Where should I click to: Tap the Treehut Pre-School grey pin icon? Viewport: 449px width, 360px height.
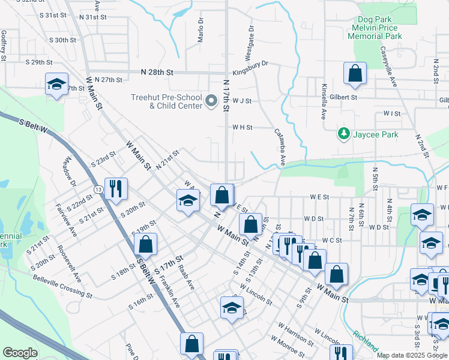pyautogui.click(x=211, y=101)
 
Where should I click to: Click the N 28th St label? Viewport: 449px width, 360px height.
pyautogui.click(x=157, y=72)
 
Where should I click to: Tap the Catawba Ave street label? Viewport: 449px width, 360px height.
pyautogui.click(x=279, y=147)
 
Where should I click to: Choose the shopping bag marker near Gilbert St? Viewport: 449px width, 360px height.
pyautogui.click(x=355, y=73)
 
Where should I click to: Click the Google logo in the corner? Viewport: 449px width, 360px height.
pyautogui.click(x=20, y=353)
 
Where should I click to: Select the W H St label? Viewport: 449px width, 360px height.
pyautogui.click(x=243, y=127)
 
